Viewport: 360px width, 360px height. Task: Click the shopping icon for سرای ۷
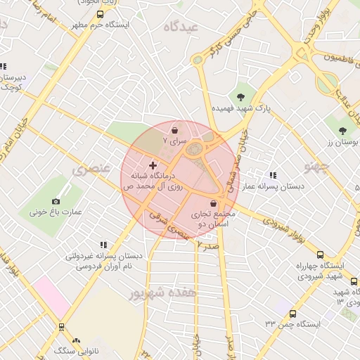(x=174, y=130)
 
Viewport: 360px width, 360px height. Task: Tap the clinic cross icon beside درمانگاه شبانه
(x=153, y=165)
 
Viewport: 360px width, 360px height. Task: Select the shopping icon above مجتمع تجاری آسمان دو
(x=213, y=204)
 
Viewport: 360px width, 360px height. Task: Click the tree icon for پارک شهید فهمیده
(x=241, y=97)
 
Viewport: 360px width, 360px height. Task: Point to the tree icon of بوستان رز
(x=342, y=131)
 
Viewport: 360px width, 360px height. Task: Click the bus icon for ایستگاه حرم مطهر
(x=100, y=14)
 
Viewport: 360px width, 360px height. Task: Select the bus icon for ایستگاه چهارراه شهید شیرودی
(x=321, y=255)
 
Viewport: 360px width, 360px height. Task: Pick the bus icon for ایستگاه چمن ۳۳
(x=292, y=314)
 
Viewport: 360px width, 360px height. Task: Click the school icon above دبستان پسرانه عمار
(x=272, y=176)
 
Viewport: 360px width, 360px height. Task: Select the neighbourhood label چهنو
(x=316, y=167)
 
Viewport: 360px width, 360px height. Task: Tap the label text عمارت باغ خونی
(x=56, y=211)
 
